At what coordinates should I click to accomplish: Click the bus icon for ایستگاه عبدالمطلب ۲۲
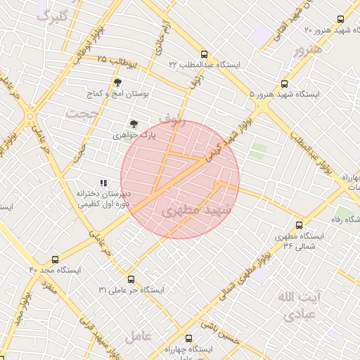(x=204, y=54)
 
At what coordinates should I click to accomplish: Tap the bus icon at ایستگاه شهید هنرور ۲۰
(x=341, y=20)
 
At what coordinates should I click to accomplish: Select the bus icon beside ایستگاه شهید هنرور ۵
(x=284, y=84)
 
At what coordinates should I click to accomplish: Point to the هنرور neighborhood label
(x=308, y=50)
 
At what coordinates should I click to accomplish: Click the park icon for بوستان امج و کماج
(x=117, y=82)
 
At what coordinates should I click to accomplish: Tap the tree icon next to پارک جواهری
(x=134, y=123)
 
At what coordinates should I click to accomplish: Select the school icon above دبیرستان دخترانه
(x=104, y=183)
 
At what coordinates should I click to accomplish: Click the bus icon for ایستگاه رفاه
(x=300, y=226)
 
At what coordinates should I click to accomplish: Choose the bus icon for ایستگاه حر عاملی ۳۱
(x=131, y=279)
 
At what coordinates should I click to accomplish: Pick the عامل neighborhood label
(x=139, y=337)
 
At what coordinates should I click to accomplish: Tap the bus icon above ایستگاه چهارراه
(x=188, y=339)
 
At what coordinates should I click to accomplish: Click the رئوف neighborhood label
(x=171, y=120)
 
